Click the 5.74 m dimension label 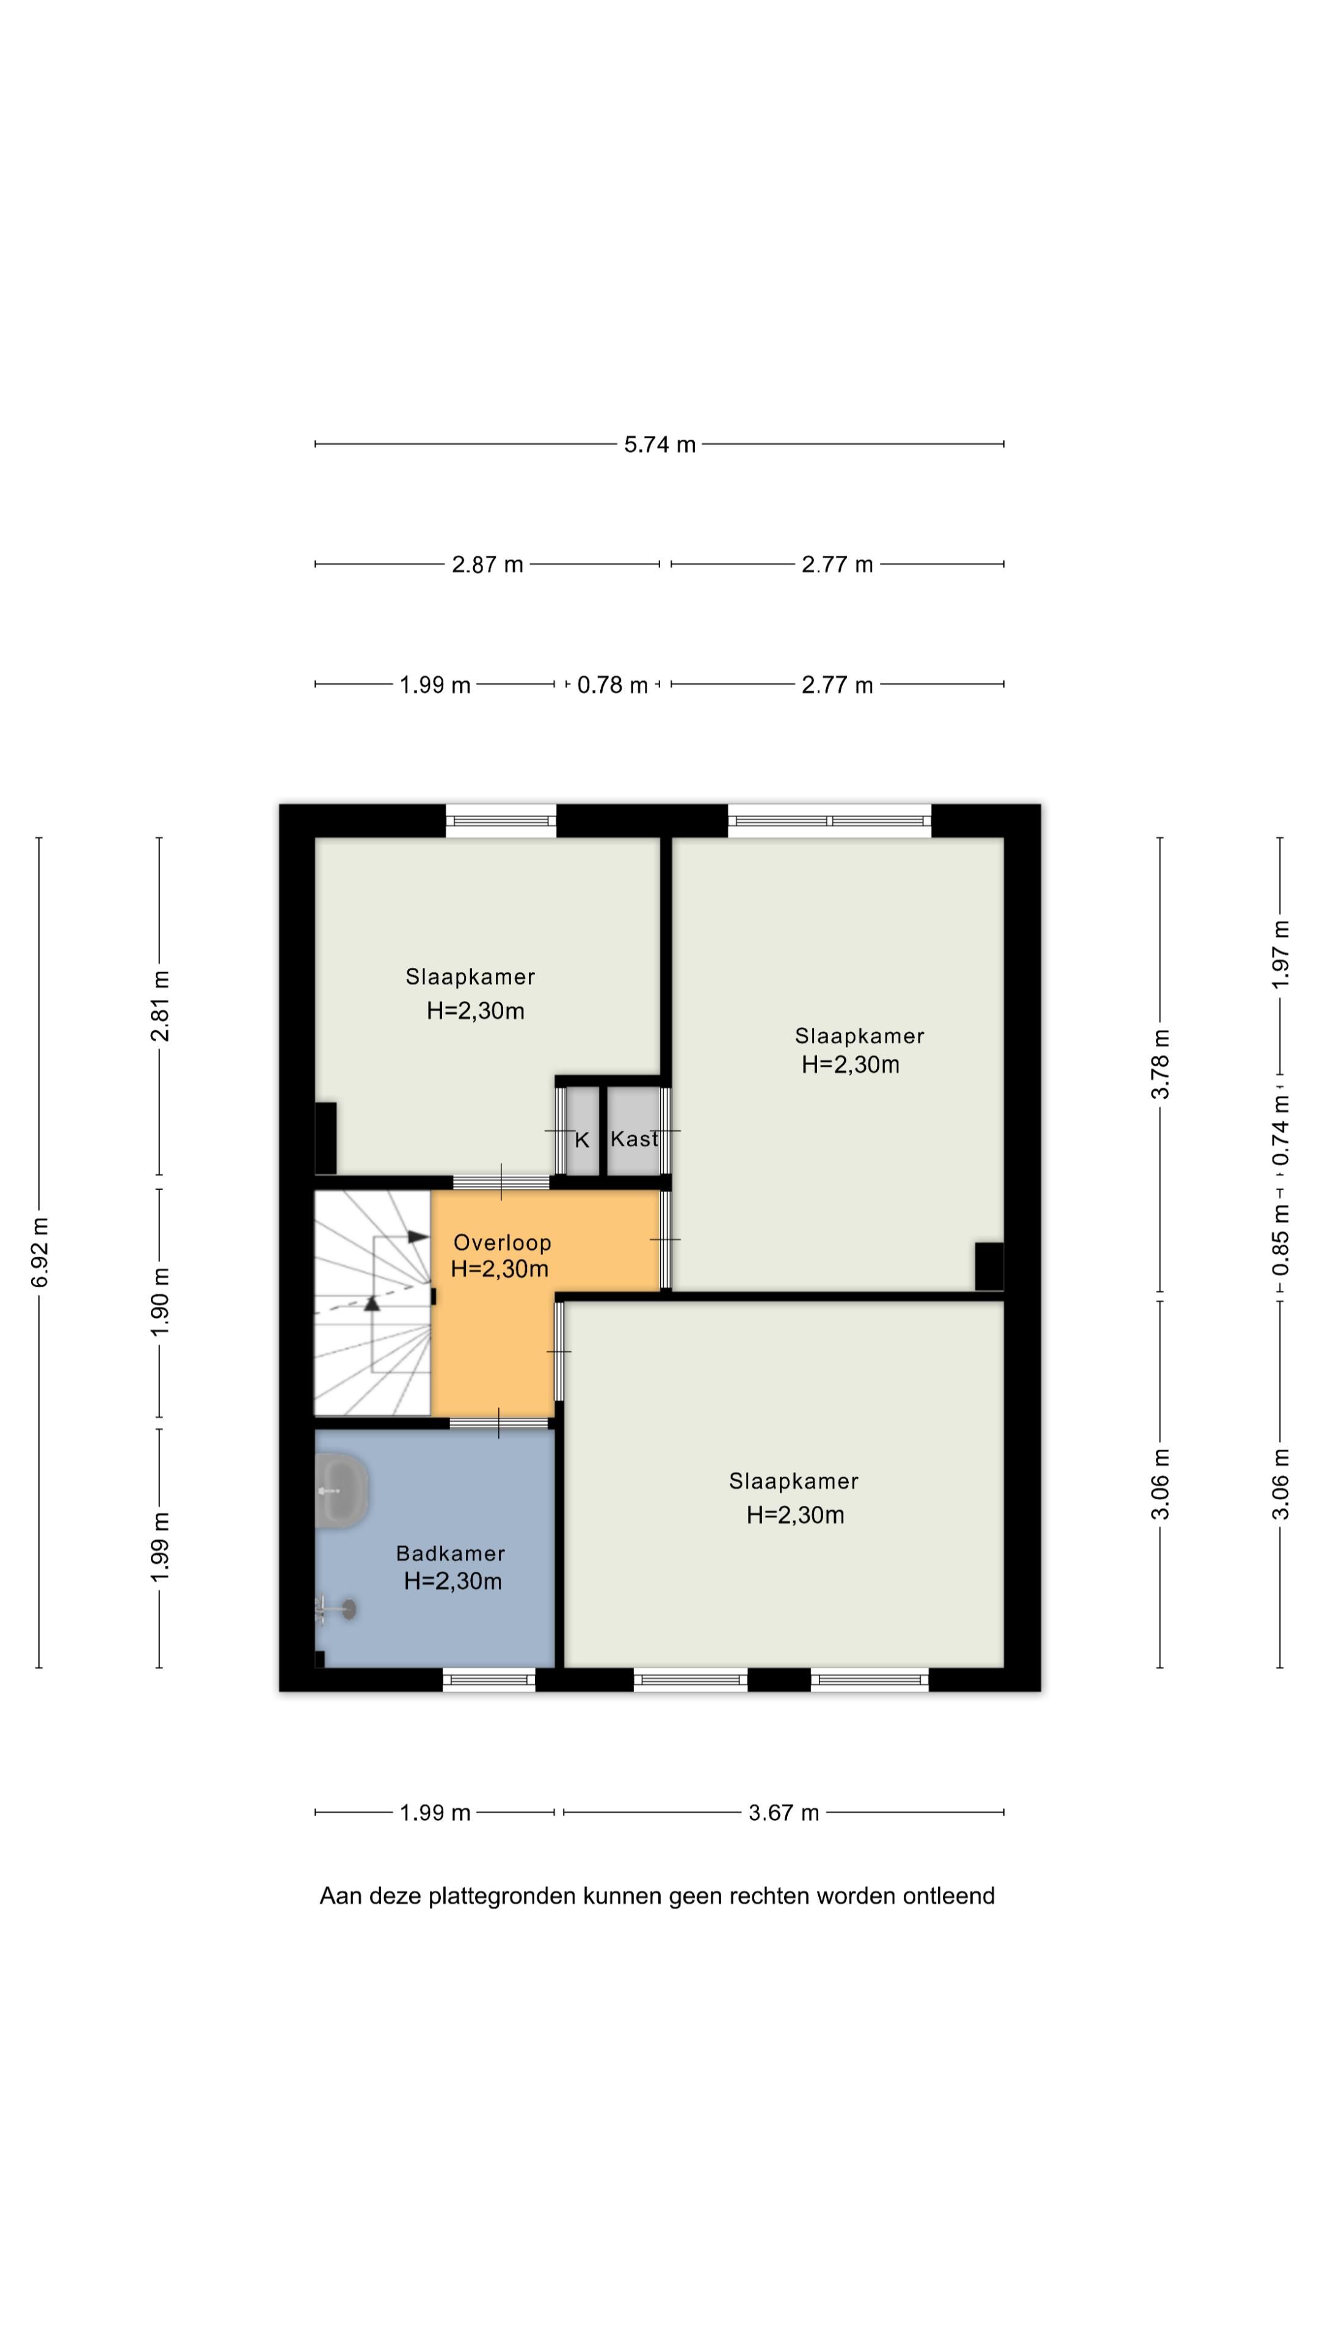[659, 444]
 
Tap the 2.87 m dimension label [487, 564]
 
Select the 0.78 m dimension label [612, 685]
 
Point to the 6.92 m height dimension [39, 1252]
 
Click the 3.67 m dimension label [783, 1812]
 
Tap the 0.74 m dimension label [1281, 1130]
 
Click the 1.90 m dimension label [160, 1303]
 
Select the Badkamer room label [451, 1553]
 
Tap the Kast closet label [634, 1139]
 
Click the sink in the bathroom [341, 1490]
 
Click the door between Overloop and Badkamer [499, 1423]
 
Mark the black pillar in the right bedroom [989, 1267]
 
